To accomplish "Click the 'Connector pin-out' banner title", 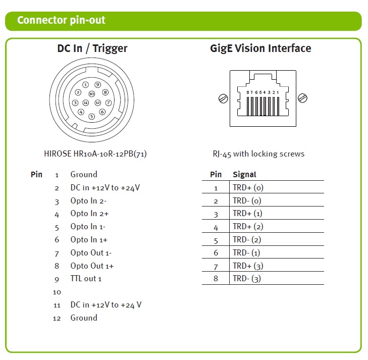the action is point(61,20).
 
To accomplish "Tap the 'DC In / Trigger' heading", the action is point(92,48).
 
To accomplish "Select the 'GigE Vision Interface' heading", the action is point(260,48).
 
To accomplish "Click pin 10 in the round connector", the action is point(91,94).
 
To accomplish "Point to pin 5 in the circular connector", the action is point(91,117).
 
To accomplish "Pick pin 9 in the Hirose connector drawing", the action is point(97,85).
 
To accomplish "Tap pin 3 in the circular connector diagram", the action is point(75,103).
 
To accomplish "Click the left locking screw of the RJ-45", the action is point(223,98).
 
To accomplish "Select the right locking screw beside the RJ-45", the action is point(302,98).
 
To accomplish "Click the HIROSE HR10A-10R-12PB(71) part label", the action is point(95,153).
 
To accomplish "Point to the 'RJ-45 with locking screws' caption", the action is point(258,154).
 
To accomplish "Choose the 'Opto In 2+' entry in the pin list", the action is point(89,214).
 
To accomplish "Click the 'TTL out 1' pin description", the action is point(86,279).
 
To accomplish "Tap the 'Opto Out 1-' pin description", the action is point(91,253).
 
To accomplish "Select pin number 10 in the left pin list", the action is point(57,292).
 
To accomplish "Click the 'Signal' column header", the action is point(244,174).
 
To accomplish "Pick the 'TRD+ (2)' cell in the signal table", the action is point(248,227).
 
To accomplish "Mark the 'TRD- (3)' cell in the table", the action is point(247,279).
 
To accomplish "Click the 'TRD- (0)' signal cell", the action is point(247,200).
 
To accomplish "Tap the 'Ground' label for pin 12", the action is point(84,318).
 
